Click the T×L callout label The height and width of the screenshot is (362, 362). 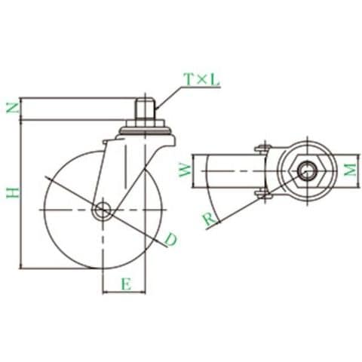[x=202, y=80]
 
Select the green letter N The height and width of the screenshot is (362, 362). [x=13, y=108]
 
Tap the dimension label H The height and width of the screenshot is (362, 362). [x=13, y=192]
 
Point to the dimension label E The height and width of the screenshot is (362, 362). [x=127, y=284]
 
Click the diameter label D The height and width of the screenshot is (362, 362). [x=170, y=240]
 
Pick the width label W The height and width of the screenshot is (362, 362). [x=186, y=171]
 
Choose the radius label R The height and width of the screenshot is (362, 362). [x=209, y=219]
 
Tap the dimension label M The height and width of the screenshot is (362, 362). [x=351, y=170]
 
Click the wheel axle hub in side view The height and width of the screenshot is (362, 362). [x=103, y=210]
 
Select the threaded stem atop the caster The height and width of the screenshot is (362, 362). [x=146, y=109]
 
